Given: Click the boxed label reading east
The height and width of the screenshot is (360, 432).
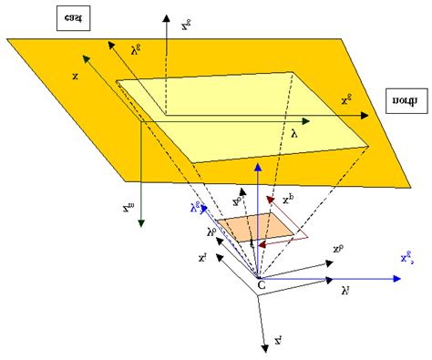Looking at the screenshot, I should [x=69, y=19].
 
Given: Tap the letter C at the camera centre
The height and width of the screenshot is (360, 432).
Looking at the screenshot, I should [x=262, y=285].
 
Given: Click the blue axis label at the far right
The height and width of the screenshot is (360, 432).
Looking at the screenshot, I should [x=412, y=260].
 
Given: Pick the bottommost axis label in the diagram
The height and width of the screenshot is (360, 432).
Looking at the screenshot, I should [x=278, y=341].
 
